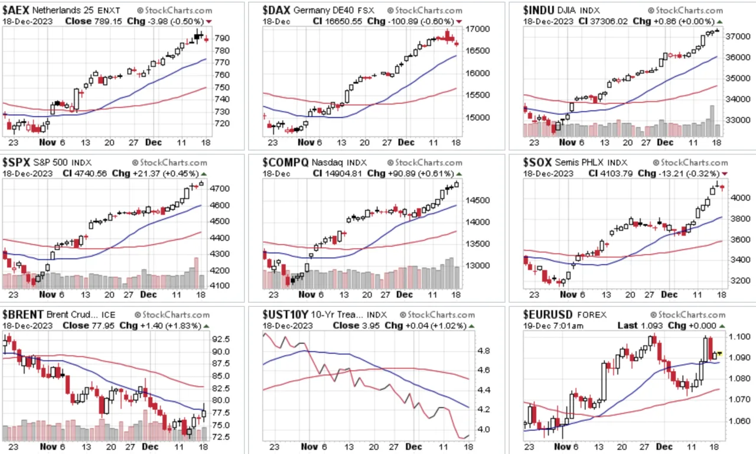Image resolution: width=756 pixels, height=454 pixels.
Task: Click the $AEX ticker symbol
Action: pos(16,11)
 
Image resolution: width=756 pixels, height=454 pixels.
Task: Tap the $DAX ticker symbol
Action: pos(276,11)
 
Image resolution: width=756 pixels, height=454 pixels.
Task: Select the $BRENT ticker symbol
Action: pos(23,314)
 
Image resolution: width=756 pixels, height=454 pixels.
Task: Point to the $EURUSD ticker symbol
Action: pos(548,314)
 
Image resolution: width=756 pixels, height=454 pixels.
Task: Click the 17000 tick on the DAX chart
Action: pos(478,29)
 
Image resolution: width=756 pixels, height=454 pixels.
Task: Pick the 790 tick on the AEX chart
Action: pos(222,38)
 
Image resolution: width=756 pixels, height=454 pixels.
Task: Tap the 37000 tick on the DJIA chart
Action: pos(738,37)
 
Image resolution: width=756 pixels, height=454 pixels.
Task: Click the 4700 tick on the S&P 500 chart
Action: pos(220,189)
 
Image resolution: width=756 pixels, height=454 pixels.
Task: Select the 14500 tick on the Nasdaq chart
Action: pos(478,200)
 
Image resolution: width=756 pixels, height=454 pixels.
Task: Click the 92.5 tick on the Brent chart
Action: pos(221,339)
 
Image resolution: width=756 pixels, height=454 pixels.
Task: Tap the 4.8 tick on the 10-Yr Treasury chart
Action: pos(484,351)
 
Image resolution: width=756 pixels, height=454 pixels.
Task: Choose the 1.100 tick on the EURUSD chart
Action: pos(738,337)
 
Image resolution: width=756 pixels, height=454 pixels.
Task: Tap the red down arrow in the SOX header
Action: pos(725,174)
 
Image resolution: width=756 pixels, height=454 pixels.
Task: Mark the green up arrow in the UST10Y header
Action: pos(471,326)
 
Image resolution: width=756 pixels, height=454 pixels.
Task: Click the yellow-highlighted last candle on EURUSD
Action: pos(719,354)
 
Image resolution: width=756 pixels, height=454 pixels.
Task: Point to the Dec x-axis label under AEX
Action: pos(153,142)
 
